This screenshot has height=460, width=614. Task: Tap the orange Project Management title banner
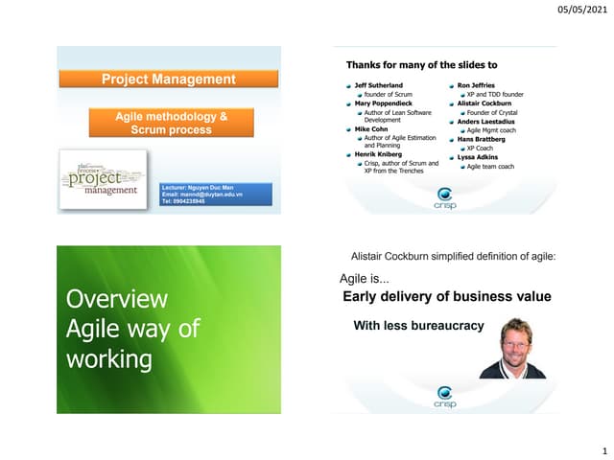point(168,80)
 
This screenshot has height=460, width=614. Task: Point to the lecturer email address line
point(201,195)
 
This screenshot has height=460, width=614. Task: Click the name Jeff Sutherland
point(378,86)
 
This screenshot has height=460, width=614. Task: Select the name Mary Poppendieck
point(384,104)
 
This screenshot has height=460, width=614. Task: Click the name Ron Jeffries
point(476,86)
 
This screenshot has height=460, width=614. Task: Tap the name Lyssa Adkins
point(478,157)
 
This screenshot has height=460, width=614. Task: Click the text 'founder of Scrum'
point(388,95)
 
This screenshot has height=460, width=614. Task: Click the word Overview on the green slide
point(116,300)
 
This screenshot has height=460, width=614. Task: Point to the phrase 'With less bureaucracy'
point(418,326)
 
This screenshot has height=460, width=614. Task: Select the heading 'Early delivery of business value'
point(446,296)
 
